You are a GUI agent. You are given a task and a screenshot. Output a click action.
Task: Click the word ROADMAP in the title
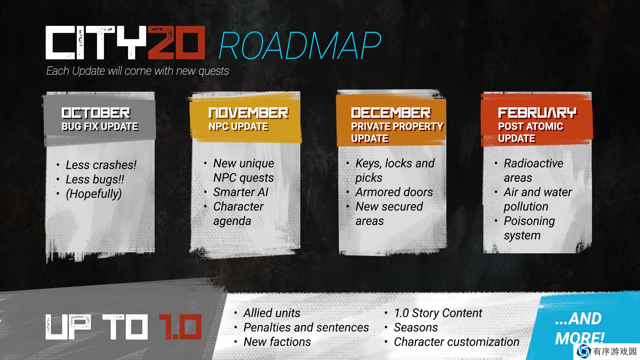click(300, 46)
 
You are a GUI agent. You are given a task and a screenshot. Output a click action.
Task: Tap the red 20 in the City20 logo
click(176, 43)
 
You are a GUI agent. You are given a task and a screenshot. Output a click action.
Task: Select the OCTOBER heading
click(96, 113)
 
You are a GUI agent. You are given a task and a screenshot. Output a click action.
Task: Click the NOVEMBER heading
click(248, 113)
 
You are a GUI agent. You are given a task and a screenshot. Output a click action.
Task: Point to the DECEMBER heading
click(391, 113)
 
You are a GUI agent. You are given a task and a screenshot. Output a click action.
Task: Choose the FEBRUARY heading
click(537, 113)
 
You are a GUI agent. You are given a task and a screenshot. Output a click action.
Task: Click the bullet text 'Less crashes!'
click(101, 165)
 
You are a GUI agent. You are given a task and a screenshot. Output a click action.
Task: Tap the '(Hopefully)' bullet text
click(94, 194)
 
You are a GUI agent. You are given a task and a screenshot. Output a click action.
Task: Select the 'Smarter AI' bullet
click(241, 192)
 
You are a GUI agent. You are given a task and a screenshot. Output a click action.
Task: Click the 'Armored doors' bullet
click(394, 192)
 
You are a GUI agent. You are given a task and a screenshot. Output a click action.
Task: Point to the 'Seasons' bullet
click(416, 327)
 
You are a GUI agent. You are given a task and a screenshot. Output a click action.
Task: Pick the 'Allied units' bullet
click(272, 313)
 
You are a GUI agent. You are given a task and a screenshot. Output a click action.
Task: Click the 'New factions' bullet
click(277, 342)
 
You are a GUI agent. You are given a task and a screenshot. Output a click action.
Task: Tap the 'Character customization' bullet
click(457, 342)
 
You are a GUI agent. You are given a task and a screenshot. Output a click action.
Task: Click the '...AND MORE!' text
click(579, 328)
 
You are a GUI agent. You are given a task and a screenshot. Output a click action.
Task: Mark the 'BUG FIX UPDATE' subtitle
click(100, 126)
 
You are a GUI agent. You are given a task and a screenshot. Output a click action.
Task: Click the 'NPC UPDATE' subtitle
click(238, 126)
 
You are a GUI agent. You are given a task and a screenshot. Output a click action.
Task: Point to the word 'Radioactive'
click(533, 163)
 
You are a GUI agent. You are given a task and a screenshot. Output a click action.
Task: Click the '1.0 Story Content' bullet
click(438, 313)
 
